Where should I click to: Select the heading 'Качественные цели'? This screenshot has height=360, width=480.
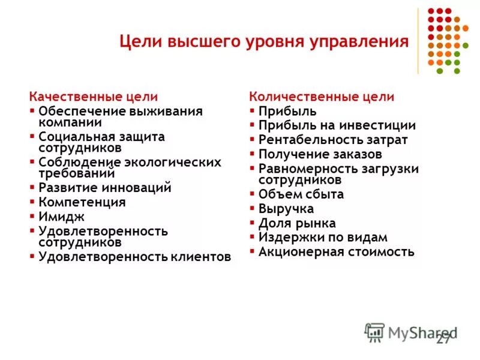pos(94,96)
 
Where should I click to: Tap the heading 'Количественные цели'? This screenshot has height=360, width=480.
pos(322,97)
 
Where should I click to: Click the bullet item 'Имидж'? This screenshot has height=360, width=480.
pos(61,217)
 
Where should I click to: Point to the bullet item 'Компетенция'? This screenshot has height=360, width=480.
pos(82,202)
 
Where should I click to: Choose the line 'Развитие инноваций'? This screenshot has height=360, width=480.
pos(105,187)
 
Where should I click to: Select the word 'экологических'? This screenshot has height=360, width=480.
pos(178,162)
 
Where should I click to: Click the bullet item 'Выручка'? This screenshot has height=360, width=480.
pos(286,209)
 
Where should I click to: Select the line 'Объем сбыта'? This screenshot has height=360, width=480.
pos(301,194)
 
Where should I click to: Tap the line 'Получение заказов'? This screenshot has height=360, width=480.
pos(320,155)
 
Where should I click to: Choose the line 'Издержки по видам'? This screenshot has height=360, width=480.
pos(323,237)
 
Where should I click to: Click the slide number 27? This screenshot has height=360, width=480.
pos(443,340)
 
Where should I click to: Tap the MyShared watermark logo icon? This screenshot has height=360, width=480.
pos(374,332)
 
